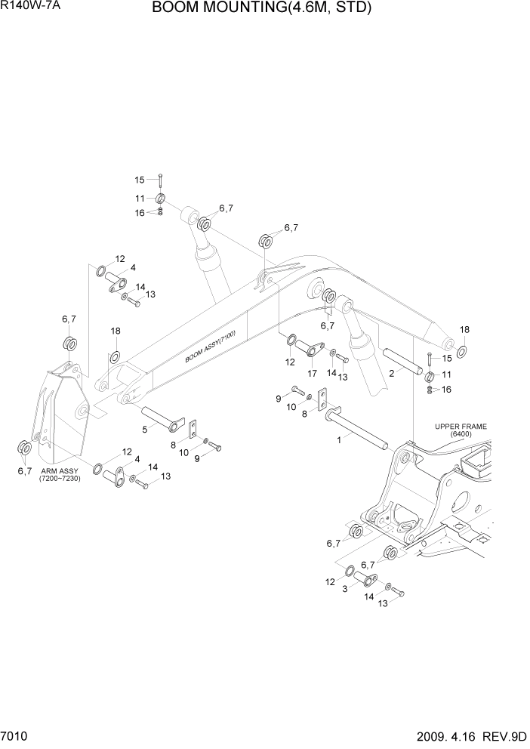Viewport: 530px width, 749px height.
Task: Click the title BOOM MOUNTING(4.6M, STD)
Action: click(x=261, y=9)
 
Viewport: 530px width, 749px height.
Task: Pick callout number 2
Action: click(x=392, y=373)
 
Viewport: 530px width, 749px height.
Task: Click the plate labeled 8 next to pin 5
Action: click(x=193, y=430)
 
